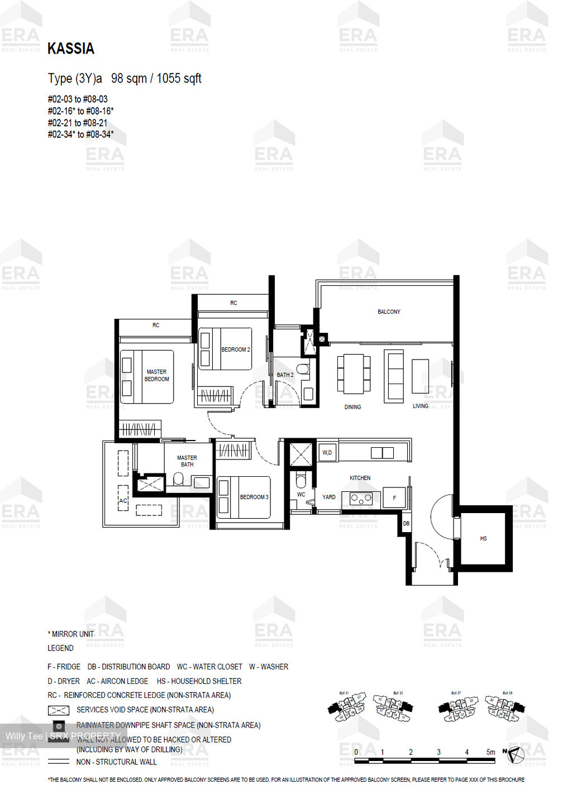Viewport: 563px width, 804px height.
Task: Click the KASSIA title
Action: pyautogui.click(x=71, y=49)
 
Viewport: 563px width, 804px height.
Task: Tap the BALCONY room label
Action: pyautogui.click(x=389, y=312)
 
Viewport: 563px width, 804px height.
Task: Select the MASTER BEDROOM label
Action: pyautogui.click(x=156, y=375)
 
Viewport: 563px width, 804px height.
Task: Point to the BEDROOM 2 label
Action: pyautogui.click(x=235, y=350)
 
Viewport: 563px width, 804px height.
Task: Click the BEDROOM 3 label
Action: pyautogui.click(x=254, y=497)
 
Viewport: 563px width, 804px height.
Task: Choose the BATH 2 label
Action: pyautogui.click(x=285, y=375)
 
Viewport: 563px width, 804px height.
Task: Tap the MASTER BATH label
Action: pyautogui.click(x=187, y=461)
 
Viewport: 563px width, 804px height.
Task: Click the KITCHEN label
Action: pyautogui.click(x=360, y=478)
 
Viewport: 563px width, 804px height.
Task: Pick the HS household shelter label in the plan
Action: pyautogui.click(x=483, y=538)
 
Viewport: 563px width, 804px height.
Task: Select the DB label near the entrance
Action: pyautogui.click(x=406, y=524)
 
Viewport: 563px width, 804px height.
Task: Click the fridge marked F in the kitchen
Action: pyautogui.click(x=394, y=498)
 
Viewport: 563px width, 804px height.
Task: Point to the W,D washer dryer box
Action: pyautogui.click(x=327, y=452)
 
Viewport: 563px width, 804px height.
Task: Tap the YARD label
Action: pyautogui.click(x=329, y=497)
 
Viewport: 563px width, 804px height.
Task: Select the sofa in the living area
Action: pyautogui.click(x=394, y=376)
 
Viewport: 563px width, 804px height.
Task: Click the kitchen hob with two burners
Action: pyautogui.click(x=361, y=499)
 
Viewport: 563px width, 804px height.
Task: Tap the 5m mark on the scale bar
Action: pyautogui.click(x=490, y=752)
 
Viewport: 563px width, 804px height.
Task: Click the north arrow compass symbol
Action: pyautogui.click(x=517, y=754)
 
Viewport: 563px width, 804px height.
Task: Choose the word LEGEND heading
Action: pyautogui.click(x=60, y=648)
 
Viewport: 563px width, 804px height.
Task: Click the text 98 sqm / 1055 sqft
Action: pyautogui.click(x=156, y=79)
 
